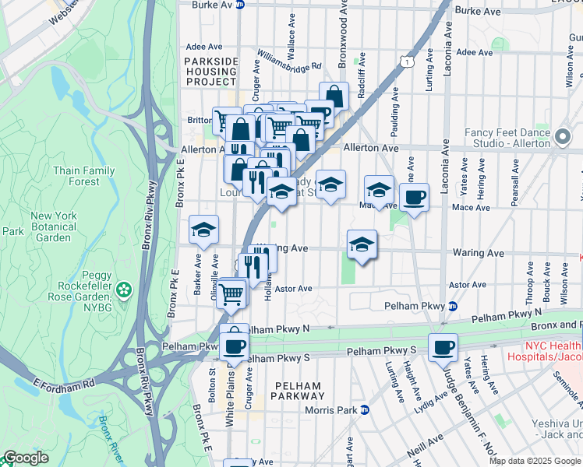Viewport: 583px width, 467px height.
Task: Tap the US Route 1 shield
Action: point(404,61)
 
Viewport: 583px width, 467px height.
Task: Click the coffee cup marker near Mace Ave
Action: point(414,198)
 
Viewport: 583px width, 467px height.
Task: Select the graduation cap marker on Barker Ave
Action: point(203,230)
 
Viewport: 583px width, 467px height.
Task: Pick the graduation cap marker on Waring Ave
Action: point(362,244)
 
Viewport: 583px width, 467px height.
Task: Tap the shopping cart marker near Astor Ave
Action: point(231,293)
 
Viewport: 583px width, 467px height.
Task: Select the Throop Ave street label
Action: point(529,288)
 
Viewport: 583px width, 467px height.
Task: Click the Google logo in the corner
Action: point(26,458)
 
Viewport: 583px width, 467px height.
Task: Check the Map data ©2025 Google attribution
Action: point(535,461)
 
